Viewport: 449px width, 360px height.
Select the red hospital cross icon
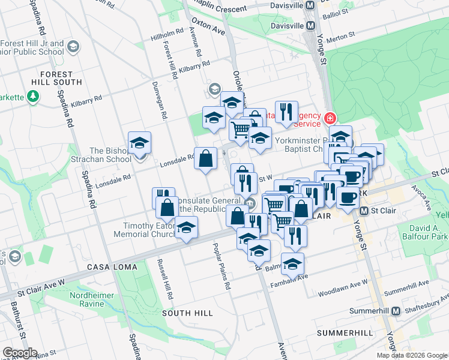click(330, 118)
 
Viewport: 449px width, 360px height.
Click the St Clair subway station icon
click(364, 211)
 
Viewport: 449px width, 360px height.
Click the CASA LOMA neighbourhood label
click(112, 266)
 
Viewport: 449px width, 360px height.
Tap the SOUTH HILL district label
click(187, 313)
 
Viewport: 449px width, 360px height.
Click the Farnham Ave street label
click(289, 280)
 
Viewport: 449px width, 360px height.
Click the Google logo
click(20, 353)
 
